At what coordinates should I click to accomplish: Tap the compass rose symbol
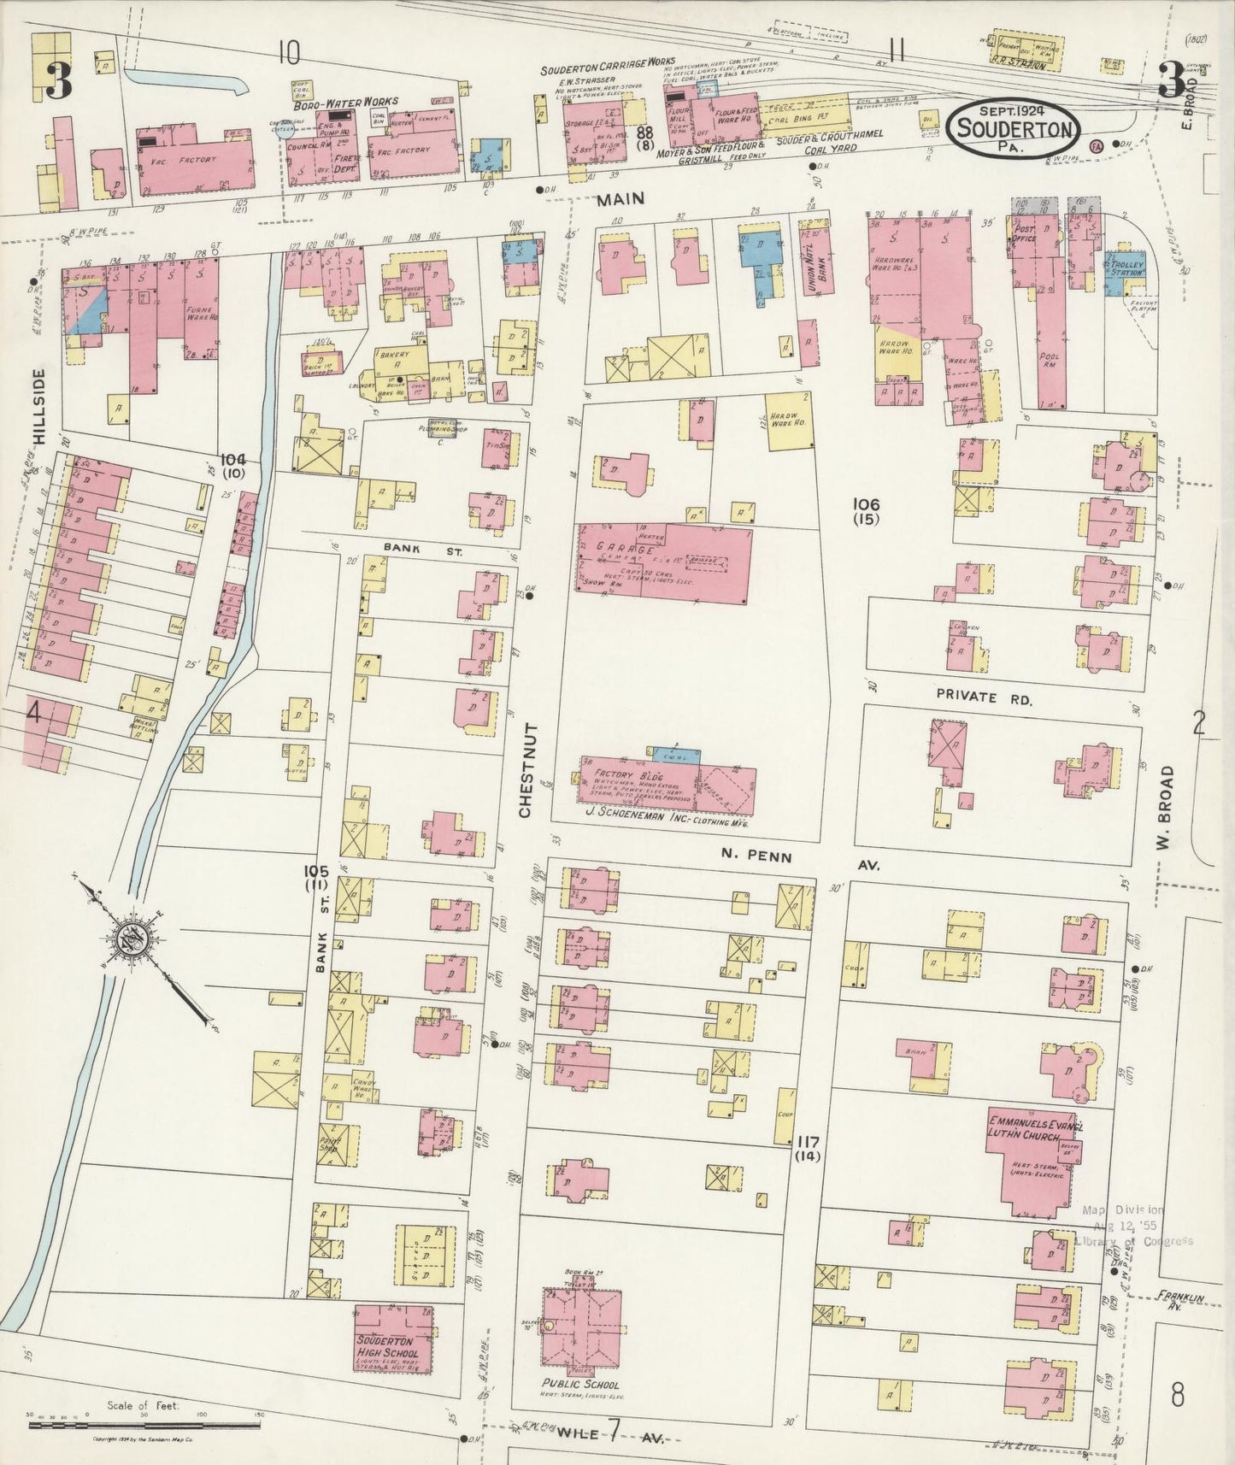tap(133, 938)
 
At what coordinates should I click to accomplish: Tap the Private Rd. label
tap(985, 697)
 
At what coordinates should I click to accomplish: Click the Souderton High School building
tap(392, 1351)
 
